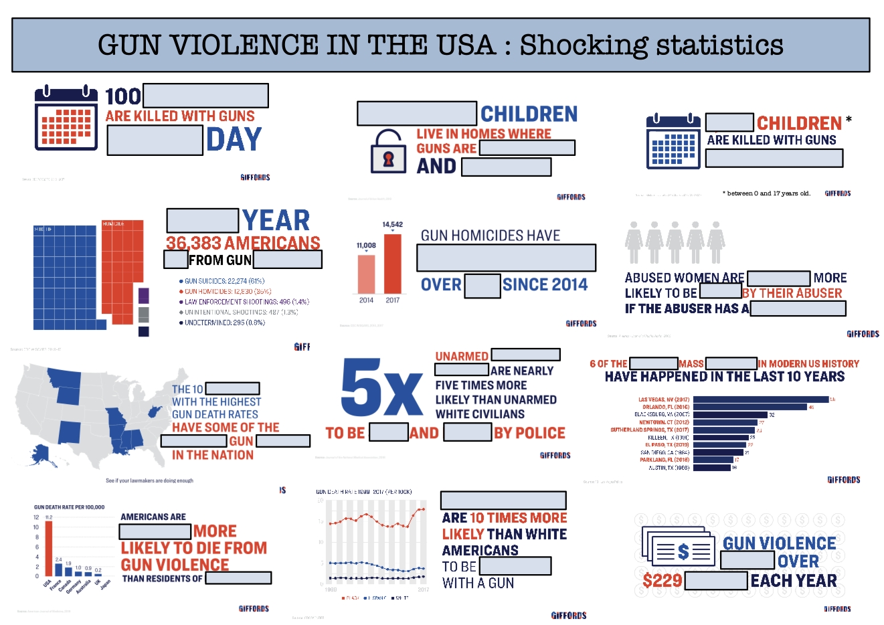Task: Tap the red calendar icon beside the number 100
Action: (66, 118)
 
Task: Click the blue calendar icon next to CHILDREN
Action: (673, 141)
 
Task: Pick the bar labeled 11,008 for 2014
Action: (367, 274)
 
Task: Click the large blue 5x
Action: (381, 387)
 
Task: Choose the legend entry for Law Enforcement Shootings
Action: (244, 302)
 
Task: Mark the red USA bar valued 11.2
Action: (48, 548)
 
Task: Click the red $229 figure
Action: (662, 580)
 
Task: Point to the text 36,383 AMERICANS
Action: (243, 243)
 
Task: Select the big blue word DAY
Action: (234, 140)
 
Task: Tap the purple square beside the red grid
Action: (143, 296)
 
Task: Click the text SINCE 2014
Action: (545, 285)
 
